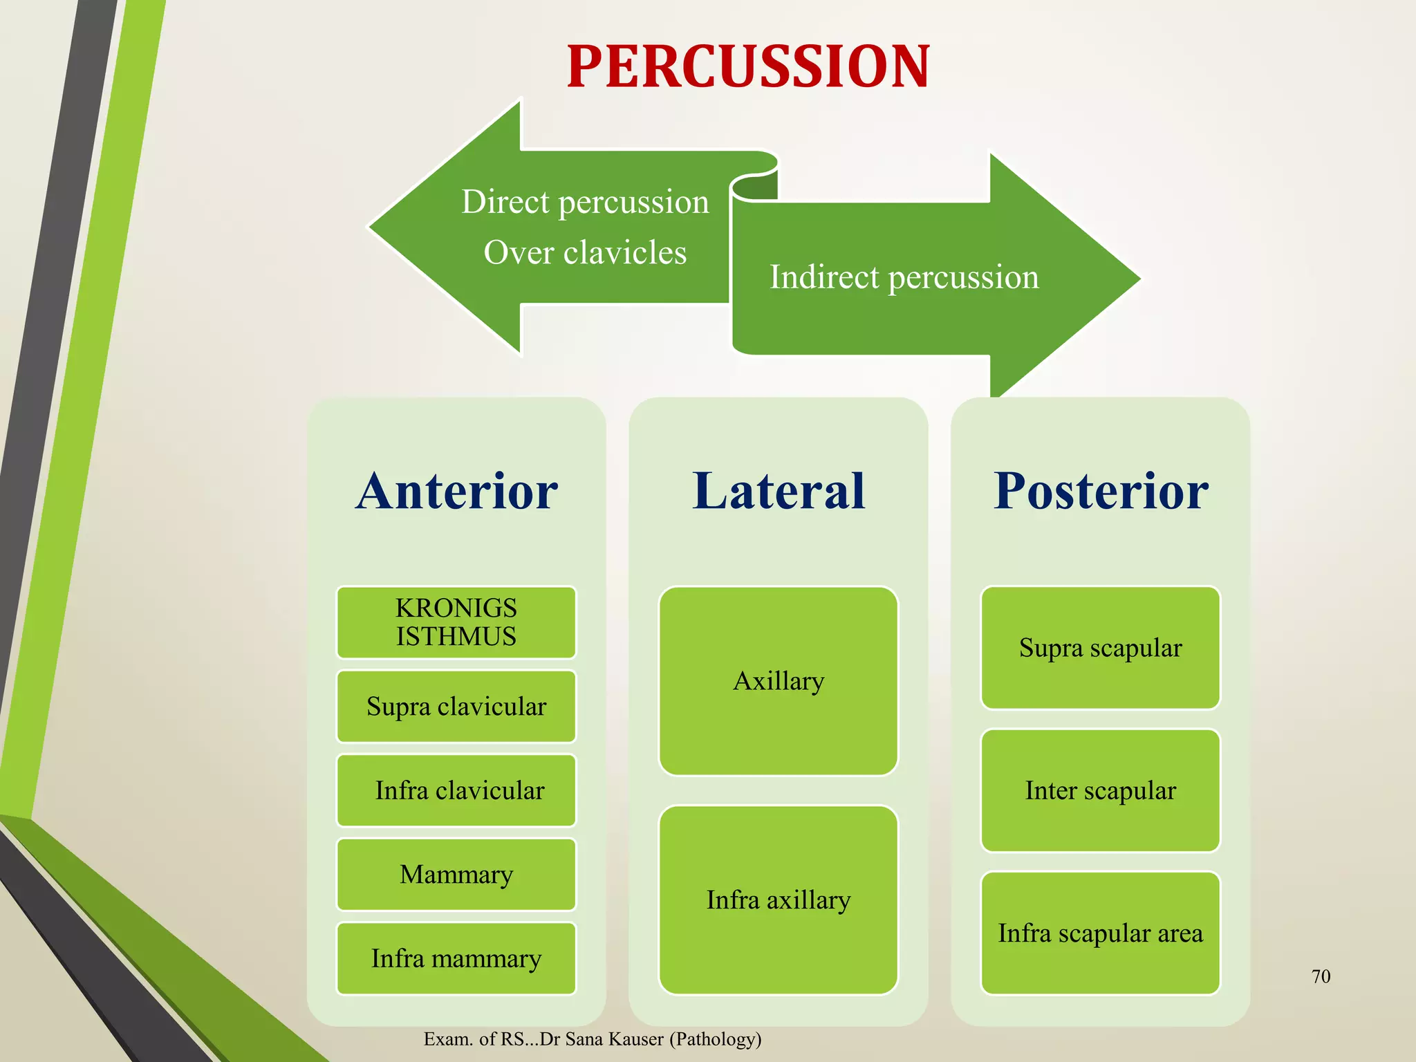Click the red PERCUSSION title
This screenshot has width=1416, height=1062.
coord(748,66)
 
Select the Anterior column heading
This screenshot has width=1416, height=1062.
coord(456,491)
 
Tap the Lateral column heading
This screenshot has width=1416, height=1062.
coord(779,491)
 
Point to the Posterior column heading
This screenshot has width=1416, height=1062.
coord(1101,491)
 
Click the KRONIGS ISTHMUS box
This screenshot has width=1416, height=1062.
coord(456,622)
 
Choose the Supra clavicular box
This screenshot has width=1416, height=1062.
coord(456,707)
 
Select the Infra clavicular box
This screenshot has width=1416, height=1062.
coord(456,790)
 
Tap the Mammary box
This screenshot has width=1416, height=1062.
coord(456,875)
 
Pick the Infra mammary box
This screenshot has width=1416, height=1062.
coord(456,958)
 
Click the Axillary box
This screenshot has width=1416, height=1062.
coord(779,681)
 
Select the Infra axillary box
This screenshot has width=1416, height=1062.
coord(779,900)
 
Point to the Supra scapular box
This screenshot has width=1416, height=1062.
coord(1101,648)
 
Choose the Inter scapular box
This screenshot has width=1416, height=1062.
coord(1101,790)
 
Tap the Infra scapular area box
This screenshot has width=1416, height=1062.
coord(1101,933)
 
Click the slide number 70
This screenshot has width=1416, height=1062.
coord(1321,976)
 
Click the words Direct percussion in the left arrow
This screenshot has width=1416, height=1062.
coord(585,202)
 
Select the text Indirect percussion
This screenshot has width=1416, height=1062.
coord(904,277)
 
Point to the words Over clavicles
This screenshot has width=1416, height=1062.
coord(585,252)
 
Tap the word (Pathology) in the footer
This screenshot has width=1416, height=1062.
coord(715,1039)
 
